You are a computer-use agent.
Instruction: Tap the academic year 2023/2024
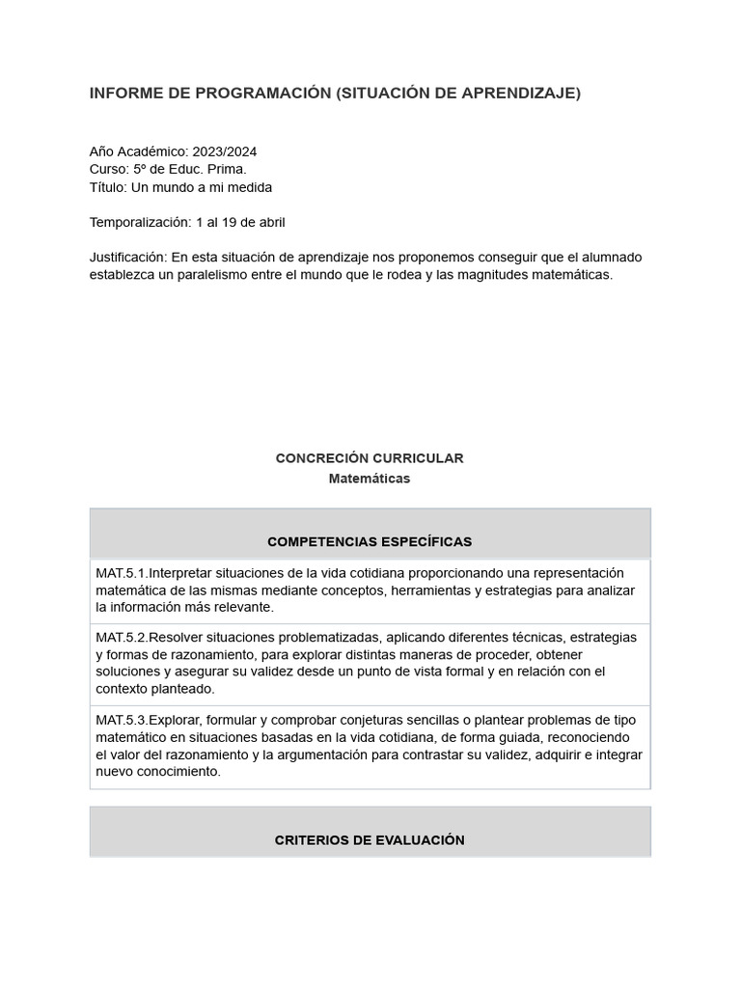pyautogui.click(x=224, y=151)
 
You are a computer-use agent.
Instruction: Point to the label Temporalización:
pyautogui.click(x=140, y=223)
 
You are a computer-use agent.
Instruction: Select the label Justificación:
pyautogui.click(x=128, y=258)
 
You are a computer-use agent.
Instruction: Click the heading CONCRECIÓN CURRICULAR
pyautogui.click(x=370, y=458)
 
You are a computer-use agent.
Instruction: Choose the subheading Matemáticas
pyautogui.click(x=370, y=479)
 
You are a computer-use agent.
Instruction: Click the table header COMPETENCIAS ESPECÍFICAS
pyautogui.click(x=370, y=541)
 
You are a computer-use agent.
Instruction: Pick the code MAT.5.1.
pyautogui.click(x=122, y=573)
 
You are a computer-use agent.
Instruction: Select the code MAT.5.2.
pyautogui.click(x=122, y=638)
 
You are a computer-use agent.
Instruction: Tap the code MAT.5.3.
pyautogui.click(x=122, y=721)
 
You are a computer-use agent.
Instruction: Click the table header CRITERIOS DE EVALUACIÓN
pyautogui.click(x=370, y=840)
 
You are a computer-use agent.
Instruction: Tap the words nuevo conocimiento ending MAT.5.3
pyautogui.click(x=157, y=772)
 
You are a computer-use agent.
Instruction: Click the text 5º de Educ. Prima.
pyautogui.click(x=190, y=169)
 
